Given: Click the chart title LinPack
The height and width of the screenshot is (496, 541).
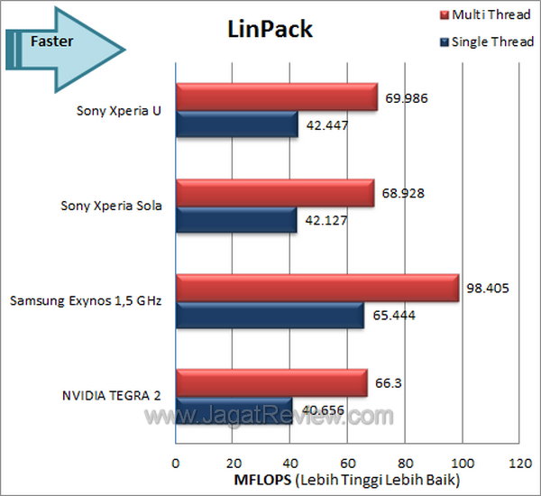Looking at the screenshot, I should [269, 29].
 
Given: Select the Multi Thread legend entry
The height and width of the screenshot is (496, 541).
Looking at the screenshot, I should [486, 15].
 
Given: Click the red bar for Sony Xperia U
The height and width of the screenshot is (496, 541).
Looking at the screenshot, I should [276, 98].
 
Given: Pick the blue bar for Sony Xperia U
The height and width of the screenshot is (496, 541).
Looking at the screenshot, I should [236, 124].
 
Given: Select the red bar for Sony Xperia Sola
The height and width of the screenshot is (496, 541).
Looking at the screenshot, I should [274, 193].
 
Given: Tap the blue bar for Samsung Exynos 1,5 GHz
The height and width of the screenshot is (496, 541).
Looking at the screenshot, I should [270, 314].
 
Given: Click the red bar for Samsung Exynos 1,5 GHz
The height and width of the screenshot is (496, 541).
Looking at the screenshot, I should [316, 288].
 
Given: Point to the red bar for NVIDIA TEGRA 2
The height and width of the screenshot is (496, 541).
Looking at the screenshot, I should [270, 382].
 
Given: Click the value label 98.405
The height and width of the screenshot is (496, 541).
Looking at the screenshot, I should [487, 289].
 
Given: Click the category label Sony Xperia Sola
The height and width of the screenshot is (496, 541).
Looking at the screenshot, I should [111, 206].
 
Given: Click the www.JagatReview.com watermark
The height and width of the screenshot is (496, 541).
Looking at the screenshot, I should [270, 417].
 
